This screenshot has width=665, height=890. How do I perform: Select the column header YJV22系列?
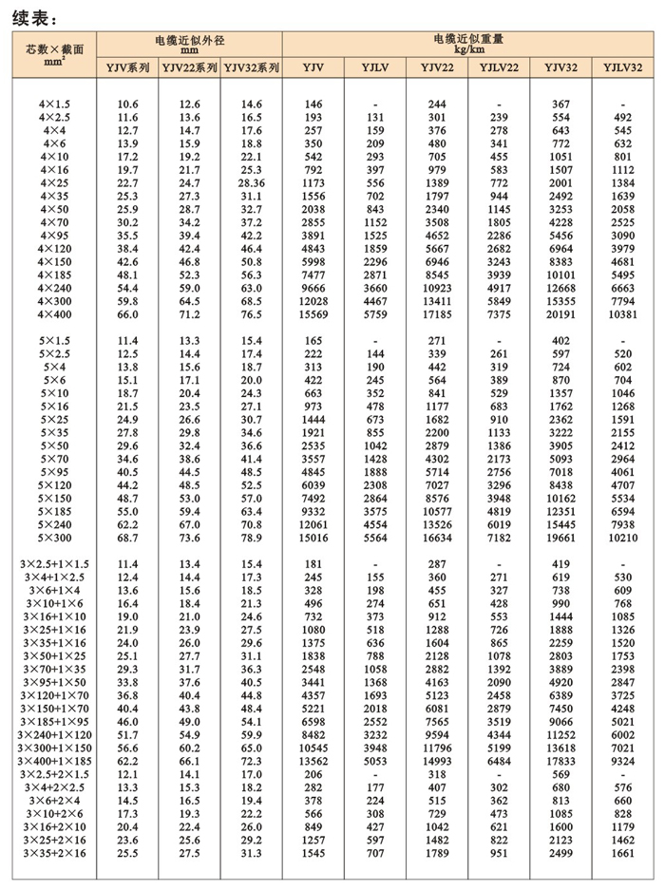point(189,67)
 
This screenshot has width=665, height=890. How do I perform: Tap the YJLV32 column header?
point(622,67)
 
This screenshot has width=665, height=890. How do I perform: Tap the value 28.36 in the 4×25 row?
point(252,181)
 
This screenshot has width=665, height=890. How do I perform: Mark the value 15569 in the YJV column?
point(313,313)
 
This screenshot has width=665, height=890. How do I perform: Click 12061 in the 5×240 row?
point(313,523)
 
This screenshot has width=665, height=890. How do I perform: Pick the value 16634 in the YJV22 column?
point(438,537)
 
